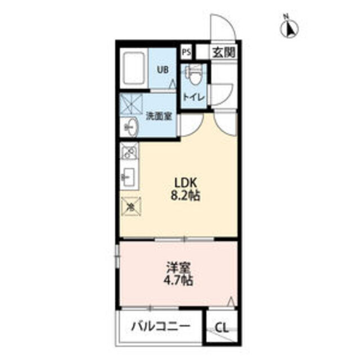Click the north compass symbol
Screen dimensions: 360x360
[x=289, y=27]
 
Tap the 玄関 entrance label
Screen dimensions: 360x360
[x=224, y=53]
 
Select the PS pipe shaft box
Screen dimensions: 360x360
[x=186, y=52]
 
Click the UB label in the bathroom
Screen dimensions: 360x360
[x=163, y=70]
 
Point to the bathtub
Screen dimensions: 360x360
[x=134, y=69]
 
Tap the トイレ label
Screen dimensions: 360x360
[x=193, y=97]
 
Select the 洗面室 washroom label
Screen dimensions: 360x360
[x=159, y=117]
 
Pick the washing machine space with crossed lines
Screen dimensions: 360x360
[x=131, y=105]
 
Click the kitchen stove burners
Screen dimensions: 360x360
[x=129, y=151]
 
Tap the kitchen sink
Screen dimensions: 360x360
[x=129, y=177]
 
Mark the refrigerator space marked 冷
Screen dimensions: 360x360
[x=131, y=206]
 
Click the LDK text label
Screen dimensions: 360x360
[x=186, y=183]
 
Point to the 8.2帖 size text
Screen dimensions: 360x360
[x=185, y=196]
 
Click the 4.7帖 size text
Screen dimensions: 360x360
[x=178, y=281]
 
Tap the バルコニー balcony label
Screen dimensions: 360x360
[x=160, y=326]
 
